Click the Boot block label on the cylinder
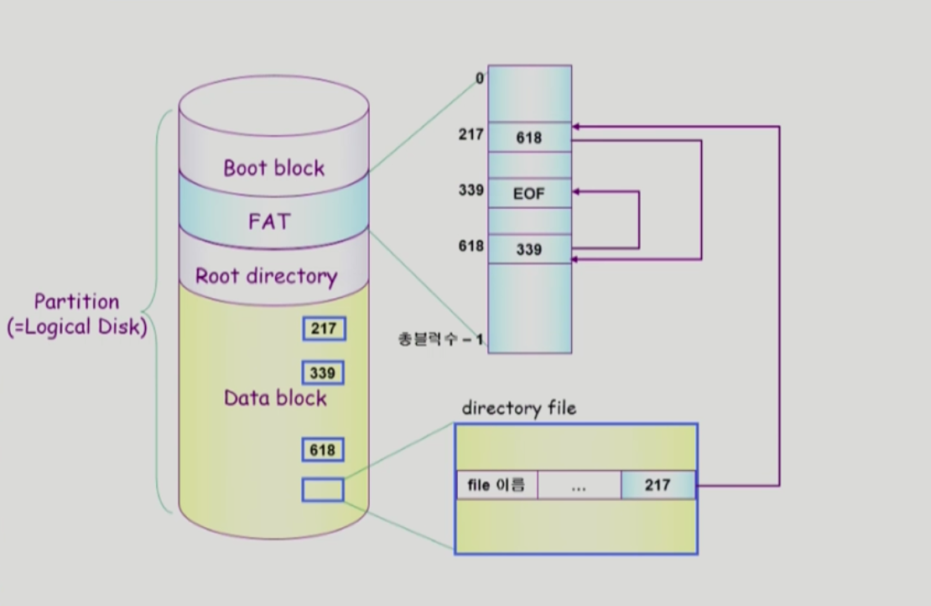coord(273,168)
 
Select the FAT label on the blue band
coord(269,222)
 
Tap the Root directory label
coord(266,276)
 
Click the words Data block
coord(275,398)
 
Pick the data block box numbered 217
coord(323,329)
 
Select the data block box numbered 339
coord(323,373)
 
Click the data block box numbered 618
coord(323,450)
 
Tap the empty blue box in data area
coord(323,489)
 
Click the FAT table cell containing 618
coord(529,138)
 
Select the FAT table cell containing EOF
coord(529,194)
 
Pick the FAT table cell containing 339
coord(529,249)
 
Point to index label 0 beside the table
coord(480,79)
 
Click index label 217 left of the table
coord(471,134)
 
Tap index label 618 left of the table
coord(471,246)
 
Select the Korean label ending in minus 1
coord(440,339)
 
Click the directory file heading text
coord(519,409)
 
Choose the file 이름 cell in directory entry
coord(497,485)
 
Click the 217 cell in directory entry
coord(658,485)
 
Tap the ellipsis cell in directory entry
coord(579,485)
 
